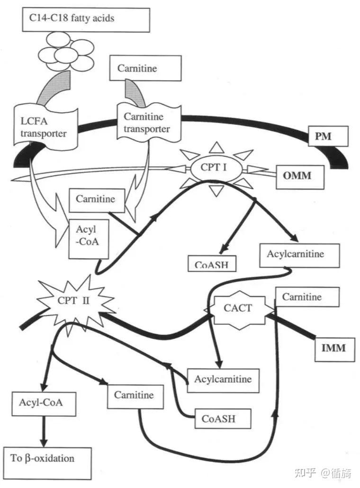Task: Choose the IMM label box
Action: tap(333, 348)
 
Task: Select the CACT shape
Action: tap(238, 309)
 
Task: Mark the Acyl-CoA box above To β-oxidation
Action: tap(41, 403)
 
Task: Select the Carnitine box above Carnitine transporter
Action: tap(144, 69)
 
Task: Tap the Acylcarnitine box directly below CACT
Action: tap(223, 379)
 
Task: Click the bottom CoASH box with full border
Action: tap(222, 419)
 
